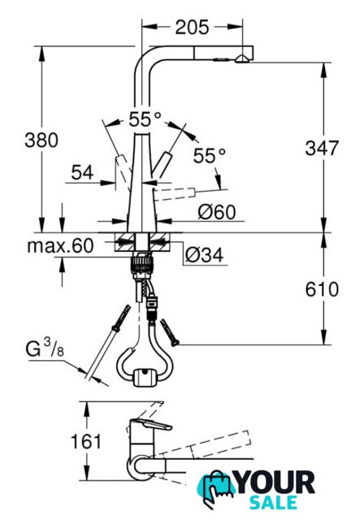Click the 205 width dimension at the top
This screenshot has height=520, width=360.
point(192,27)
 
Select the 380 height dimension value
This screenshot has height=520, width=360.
point(41,140)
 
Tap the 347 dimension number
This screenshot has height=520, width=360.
point(322,148)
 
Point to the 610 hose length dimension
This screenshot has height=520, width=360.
point(322,289)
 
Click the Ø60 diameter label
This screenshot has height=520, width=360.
point(217,211)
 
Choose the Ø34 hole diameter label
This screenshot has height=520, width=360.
point(205,254)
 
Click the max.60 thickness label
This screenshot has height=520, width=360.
point(60,245)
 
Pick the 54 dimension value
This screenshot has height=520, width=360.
point(82,172)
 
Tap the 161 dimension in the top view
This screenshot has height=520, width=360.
point(86,441)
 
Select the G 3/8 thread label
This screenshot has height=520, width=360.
point(45,349)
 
